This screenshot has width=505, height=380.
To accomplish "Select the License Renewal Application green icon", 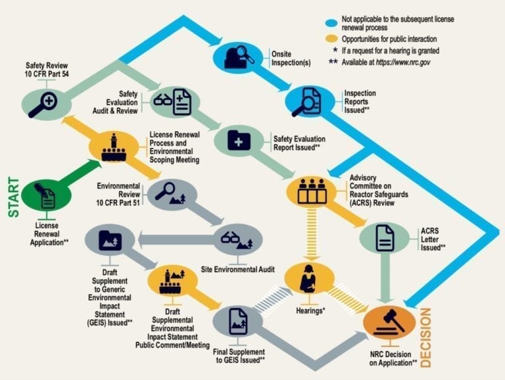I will [x=46, y=197].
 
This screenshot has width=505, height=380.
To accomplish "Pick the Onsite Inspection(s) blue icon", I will [x=237, y=57].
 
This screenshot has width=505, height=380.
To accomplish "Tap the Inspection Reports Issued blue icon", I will [x=309, y=102].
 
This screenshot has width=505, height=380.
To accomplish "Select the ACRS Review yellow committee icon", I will [x=312, y=191].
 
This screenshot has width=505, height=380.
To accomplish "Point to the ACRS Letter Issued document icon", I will [x=385, y=238].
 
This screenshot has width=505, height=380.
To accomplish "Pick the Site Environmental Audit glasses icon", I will [x=237, y=239].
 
